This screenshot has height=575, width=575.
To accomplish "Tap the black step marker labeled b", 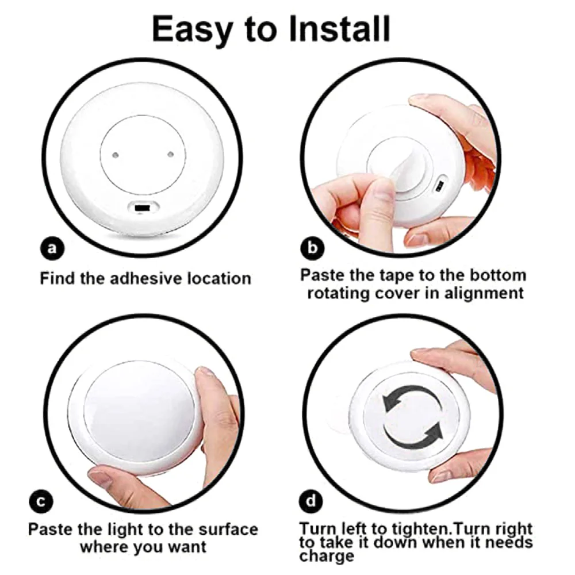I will [313, 248].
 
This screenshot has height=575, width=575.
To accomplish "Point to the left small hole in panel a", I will [115, 155].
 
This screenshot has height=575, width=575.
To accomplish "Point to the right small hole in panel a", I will [170, 154].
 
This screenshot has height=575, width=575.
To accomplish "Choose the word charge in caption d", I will [326, 557].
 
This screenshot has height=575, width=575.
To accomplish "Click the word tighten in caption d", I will [416, 529].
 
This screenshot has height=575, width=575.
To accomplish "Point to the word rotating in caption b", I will [343, 293].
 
